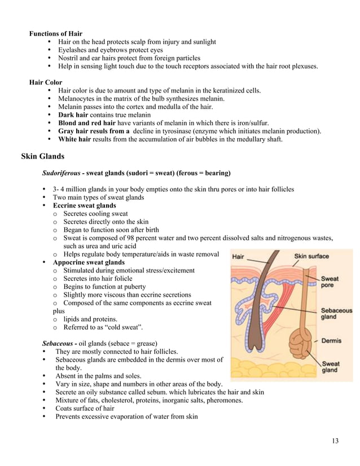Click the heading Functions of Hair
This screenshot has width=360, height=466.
55,33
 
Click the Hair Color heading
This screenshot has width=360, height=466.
46,82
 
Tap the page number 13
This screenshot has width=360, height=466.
335,441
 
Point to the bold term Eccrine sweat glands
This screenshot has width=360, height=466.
84,205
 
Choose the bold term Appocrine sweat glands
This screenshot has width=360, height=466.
89,262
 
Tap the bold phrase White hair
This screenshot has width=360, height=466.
74,139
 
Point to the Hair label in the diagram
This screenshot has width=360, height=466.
238,257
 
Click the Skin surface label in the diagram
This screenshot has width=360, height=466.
311,257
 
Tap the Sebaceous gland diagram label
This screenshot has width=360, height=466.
336,314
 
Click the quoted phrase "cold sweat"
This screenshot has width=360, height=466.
124,327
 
